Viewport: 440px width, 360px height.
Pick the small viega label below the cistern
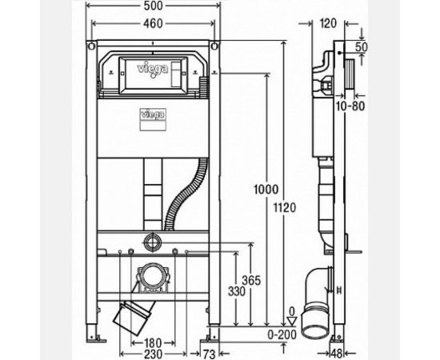point(152,115)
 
